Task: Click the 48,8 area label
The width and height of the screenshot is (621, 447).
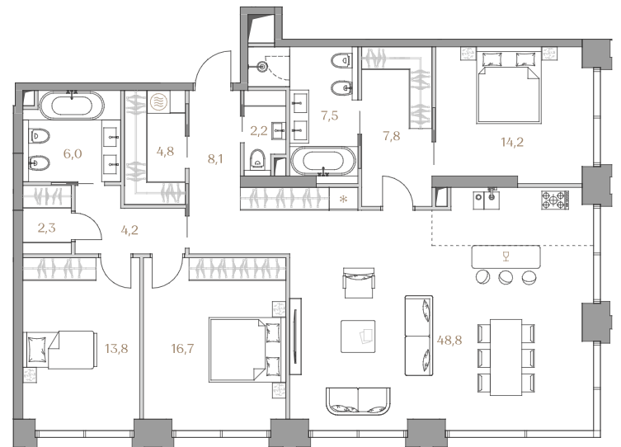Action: [449, 340]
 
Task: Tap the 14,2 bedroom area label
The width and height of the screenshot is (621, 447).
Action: [512, 142]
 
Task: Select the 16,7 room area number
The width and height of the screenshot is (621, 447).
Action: [182, 349]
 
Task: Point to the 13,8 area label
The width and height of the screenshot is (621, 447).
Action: [116, 349]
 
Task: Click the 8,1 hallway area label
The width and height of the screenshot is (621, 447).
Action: [215, 159]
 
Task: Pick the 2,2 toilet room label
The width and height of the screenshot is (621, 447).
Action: [259, 130]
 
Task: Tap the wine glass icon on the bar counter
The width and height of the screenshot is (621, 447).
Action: [506, 256]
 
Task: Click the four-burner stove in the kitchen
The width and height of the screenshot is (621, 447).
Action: [555, 200]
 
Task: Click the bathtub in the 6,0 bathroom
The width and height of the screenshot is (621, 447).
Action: [72, 106]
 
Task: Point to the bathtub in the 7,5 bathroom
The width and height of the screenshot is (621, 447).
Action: [323, 161]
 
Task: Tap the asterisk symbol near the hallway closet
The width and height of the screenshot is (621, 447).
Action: [343, 199]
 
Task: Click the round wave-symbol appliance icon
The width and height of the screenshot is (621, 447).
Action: [159, 101]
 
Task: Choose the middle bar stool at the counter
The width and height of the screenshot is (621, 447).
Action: [506, 277]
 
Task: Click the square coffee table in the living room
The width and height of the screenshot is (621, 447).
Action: [358, 336]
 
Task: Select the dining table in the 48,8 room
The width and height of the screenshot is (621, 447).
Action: [506, 357]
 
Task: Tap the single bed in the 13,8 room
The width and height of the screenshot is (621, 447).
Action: [60, 350]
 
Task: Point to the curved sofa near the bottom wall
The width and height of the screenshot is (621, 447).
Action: [358, 401]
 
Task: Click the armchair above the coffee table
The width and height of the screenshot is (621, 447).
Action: [359, 283]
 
